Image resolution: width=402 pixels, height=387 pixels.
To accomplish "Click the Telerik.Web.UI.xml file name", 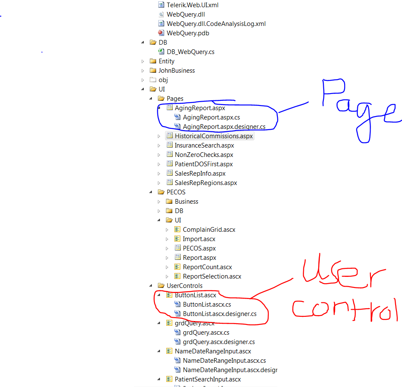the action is (193, 5).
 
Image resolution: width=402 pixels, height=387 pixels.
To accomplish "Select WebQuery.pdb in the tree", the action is (188, 33).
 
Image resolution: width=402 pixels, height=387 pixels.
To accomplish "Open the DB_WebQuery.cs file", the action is (191, 52).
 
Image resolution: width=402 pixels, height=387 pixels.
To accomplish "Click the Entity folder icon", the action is (153, 61).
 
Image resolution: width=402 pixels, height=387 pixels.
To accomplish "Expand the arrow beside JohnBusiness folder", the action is (143, 71).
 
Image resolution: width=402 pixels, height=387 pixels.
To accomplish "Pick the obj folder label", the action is (163, 80).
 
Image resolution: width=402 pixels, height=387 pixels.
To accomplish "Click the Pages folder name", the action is (175, 99).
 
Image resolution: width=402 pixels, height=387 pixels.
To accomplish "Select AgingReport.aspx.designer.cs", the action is (224, 127).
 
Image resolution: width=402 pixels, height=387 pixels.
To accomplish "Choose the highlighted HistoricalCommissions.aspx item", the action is (214, 136).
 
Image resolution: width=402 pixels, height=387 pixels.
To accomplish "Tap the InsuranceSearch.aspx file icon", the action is (170, 145).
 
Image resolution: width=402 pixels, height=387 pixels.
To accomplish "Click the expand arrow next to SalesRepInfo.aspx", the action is (159, 174).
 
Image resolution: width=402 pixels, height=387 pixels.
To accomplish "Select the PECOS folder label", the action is (176, 192).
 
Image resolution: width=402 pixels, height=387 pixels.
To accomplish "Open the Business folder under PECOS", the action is (186, 202).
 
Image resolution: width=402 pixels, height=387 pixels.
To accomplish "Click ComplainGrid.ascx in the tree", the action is (209, 230).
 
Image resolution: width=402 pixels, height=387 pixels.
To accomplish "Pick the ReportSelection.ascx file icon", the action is (177, 276).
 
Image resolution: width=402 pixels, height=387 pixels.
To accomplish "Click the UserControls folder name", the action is (185, 286).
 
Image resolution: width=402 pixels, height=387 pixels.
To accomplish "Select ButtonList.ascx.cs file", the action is (207, 304).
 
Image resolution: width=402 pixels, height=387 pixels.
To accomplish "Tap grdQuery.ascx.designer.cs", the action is (219, 342).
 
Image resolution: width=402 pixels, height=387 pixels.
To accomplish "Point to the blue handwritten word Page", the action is (362, 110).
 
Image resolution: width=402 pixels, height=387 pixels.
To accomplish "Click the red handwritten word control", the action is (345, 310).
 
